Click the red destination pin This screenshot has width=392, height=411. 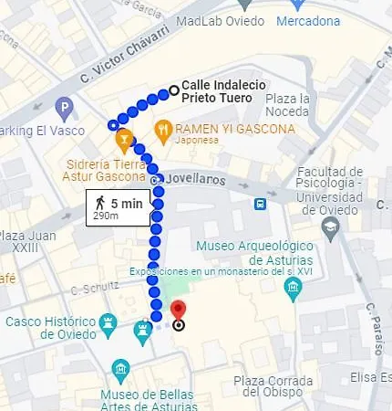tap(179, 311)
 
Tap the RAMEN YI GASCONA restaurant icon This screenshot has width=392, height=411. tap(163, 128)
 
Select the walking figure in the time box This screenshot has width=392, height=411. tap(99, 204)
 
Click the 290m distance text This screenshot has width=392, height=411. tap(106, 217)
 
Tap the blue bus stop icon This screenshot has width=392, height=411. tap(261, 203)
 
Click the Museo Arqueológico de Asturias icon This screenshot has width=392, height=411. tap(293, 291)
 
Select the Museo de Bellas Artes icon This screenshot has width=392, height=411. tap(119, 370)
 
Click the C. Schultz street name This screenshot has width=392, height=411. tap(95, 287)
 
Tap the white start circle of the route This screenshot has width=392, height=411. tap(173, 90)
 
